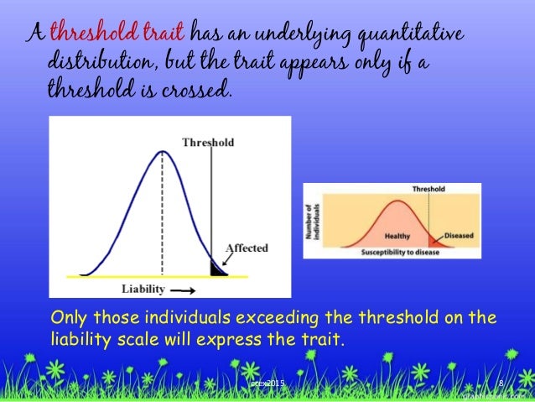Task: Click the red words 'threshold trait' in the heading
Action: point(117,34)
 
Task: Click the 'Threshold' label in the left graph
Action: point(208,143)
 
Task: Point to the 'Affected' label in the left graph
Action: point(247,248)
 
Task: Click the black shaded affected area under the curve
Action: point(219,269)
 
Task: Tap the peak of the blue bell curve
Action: point(162,152)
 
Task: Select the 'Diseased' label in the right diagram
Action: point(459,236)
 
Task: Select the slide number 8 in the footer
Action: point(501,384)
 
